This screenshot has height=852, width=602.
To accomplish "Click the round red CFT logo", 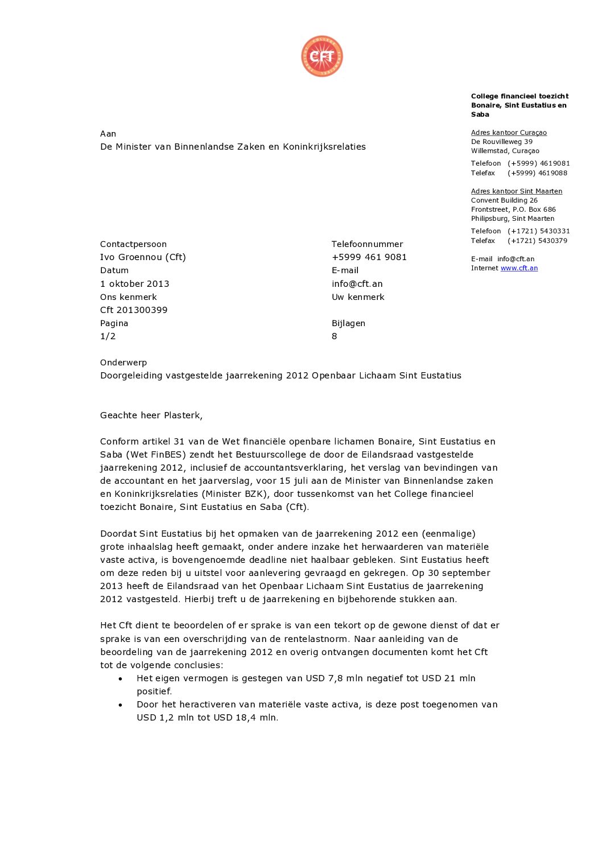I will pos(322,56).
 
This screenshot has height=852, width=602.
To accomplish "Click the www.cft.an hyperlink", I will pos(519,268).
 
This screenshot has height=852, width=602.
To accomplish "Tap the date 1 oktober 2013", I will pos(134,283).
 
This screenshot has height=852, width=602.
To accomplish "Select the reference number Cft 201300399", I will pos(134,310).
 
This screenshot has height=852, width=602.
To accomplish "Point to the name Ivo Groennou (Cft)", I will pos(143,257).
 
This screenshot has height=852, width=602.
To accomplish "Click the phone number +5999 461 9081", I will pos(369,257).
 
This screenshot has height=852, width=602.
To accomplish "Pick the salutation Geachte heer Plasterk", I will pos(151,415).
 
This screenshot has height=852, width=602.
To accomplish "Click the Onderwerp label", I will pos(123,362).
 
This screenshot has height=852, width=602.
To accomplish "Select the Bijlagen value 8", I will pos(335,336).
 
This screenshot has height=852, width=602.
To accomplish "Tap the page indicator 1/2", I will pos(108,336).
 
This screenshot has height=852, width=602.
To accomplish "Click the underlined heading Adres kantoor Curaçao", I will pos(509,133).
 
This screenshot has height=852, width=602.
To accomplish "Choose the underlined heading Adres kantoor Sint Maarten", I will pos(516,191).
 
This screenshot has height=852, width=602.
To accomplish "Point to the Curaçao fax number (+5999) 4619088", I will pos(537,173).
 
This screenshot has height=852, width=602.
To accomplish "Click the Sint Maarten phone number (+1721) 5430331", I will pos(538,231).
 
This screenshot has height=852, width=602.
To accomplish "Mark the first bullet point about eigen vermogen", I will pos(306,678).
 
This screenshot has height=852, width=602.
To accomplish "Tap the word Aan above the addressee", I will pos(108,134).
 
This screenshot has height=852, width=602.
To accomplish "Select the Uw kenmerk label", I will pos(358,297).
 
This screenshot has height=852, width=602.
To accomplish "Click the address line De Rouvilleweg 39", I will pos(501,142).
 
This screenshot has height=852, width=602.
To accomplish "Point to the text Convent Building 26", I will pos(504,200).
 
